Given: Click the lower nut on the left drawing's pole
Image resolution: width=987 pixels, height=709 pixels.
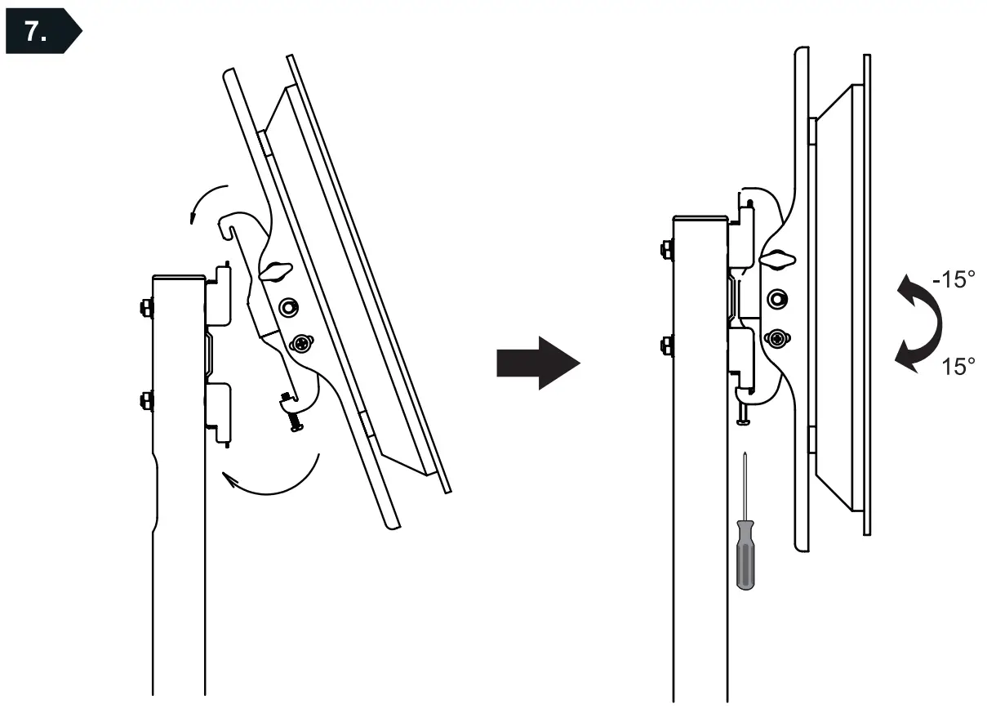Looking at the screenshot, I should point(144,400).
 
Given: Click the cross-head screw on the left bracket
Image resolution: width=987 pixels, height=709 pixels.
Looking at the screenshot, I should point(302,344).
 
